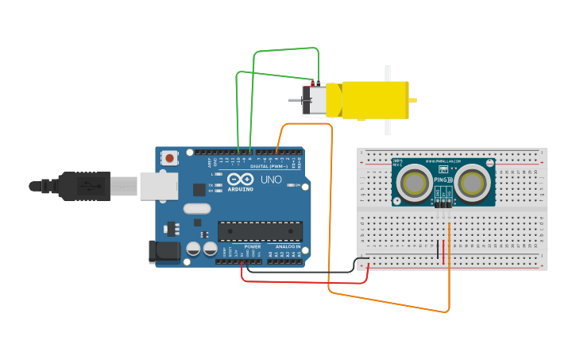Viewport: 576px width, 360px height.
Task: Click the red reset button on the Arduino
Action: [170, 158]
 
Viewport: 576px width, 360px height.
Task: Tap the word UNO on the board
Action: [271, 180]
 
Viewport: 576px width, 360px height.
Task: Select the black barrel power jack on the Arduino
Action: [162, 252]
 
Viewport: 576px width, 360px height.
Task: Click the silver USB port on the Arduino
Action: [159, 186]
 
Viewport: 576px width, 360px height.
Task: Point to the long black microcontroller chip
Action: [260, 231]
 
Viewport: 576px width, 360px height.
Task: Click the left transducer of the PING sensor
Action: [414, 183]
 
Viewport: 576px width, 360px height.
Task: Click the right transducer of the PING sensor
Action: [472, 183]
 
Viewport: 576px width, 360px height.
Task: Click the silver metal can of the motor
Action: [315, 100]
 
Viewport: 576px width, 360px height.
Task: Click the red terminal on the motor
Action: [316, 85]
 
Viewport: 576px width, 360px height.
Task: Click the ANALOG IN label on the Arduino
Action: [287, 247]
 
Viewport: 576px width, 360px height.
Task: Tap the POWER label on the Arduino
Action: [253, 247]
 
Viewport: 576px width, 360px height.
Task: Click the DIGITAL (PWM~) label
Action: [266, 166]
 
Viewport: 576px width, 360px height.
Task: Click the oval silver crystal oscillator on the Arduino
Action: [198, 209]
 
